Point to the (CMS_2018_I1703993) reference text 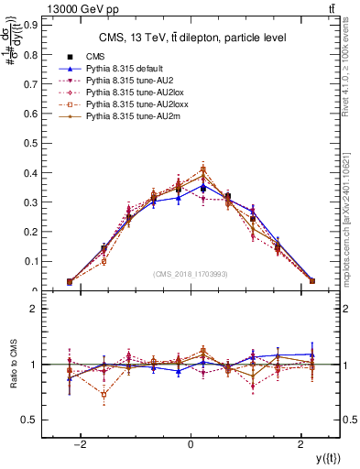pyautogui.click(x=190, y=274)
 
